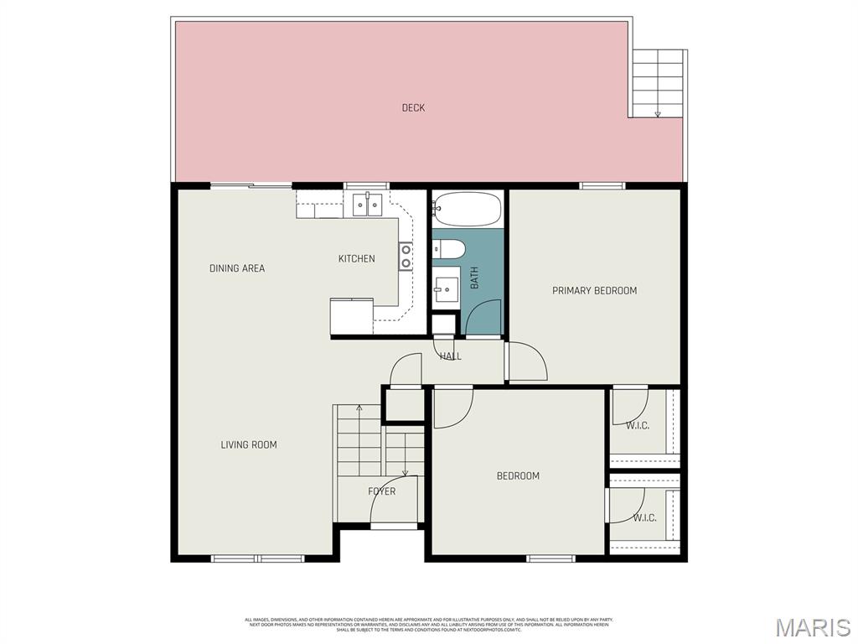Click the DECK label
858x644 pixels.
click(413, 107)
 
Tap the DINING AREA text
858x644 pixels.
click(237, 268)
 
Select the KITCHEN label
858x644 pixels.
click(356, 258)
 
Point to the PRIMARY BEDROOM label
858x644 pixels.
click(594, 291)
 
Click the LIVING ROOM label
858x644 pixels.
click(249, 444)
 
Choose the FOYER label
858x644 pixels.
click(382, 491)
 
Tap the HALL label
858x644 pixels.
click(451, 356)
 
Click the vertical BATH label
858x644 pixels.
click(474, 278)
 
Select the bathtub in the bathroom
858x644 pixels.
click(468, 210)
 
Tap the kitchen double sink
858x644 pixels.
click(367, 204)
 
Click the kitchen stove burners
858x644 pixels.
click(406, 256)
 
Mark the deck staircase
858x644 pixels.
click(659, 83)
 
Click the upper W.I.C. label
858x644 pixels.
click(638, 425)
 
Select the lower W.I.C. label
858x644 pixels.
click(644, 517)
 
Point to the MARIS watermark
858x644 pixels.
click(812, 627)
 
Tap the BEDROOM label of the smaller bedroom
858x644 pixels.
click(518, 475)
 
